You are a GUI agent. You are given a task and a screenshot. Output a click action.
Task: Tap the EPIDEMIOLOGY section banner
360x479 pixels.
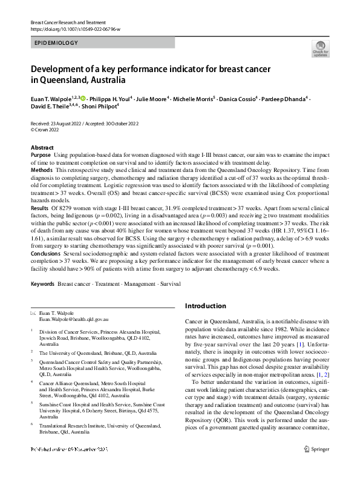point(56,44)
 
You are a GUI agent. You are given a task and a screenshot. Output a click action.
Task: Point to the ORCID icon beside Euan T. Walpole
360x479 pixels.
point(83,98)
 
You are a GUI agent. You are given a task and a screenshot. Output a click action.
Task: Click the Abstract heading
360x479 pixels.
point(42,148)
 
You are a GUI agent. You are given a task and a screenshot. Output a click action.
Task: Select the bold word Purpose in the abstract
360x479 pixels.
point(41,156)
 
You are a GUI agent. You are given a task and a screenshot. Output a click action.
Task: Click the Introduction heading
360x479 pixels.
point(209,306)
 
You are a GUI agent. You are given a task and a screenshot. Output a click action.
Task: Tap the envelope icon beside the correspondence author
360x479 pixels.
point(33,312)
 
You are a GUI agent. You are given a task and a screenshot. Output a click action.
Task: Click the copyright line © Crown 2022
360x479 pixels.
point(48,130)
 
